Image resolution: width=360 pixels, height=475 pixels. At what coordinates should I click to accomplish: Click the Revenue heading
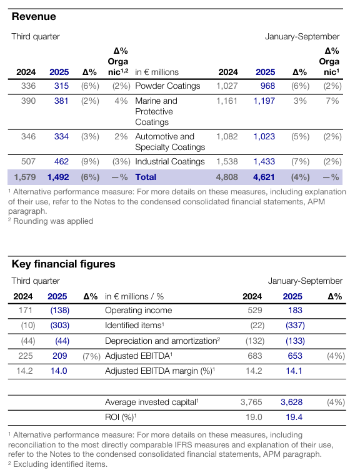pos(34,16)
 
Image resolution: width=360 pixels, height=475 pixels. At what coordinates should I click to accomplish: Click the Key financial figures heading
pos(63,264)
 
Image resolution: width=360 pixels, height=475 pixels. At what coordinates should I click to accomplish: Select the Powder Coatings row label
pos(167,86)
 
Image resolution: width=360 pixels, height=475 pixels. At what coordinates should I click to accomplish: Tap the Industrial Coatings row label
pos(170,161)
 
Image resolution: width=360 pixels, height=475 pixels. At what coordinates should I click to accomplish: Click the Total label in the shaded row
pos(146,177)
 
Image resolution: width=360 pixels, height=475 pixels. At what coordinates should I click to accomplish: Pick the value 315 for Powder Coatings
pos(61,86)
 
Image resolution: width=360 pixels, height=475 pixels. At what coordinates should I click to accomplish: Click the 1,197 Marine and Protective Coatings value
pos(264,101)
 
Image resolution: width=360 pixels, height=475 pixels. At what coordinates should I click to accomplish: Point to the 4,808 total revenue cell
pos(227,177)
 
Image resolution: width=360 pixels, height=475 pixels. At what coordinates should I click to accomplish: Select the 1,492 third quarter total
pos(58,177)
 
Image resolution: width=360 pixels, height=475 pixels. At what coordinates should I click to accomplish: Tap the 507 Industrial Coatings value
pos(28,161)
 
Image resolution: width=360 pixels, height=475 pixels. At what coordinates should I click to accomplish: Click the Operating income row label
pos(139,310)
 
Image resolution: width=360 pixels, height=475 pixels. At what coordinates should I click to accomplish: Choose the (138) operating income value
pos(60,310)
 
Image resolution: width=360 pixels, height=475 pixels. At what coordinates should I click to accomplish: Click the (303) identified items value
pos(60,326)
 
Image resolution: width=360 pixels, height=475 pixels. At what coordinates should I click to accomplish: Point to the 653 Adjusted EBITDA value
pos(295,356)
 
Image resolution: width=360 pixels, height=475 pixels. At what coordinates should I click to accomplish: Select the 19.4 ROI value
pos(294,417)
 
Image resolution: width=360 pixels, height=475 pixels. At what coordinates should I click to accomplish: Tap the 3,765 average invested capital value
pos(251,402)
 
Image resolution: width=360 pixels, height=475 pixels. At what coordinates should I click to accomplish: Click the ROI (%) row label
pos(121,417)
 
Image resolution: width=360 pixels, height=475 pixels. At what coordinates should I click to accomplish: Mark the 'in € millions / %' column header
pos(134,297)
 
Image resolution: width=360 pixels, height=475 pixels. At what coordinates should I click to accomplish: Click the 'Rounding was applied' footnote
pos(51,221)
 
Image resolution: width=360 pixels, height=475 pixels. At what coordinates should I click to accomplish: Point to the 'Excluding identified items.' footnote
pos(57,464)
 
